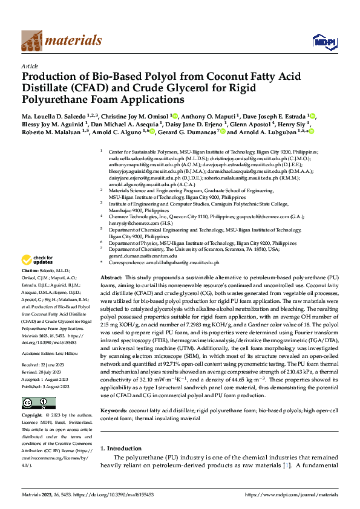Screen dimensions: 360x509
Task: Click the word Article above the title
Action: tap(30, 66)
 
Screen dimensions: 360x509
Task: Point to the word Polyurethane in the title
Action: tap(59, 99)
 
